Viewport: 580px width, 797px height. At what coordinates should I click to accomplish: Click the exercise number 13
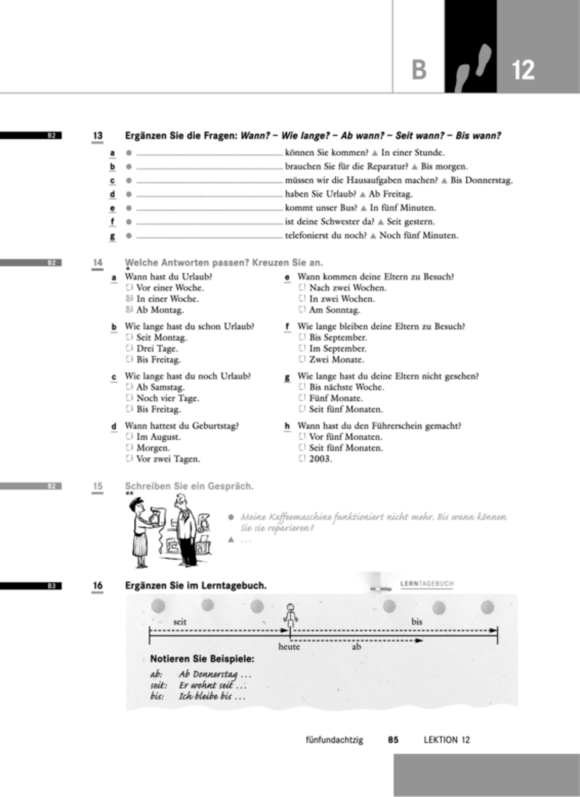point(97,135)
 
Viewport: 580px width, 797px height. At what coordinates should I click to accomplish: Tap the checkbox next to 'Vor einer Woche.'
point(129,287)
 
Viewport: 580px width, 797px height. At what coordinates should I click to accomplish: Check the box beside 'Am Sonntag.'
point(302,309)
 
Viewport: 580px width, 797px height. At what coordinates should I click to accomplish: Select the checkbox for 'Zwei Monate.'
point(302,359)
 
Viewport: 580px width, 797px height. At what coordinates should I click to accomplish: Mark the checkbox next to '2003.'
point(302,458)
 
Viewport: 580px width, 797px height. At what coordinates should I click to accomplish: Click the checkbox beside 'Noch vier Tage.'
point(129,398)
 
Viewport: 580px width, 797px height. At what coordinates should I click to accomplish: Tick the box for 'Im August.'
point(129,436)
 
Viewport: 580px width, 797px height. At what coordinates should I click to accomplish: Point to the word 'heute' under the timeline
point(289,646)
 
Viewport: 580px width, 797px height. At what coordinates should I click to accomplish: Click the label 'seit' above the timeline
point(179,622)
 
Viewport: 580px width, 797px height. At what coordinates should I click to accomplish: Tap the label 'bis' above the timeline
point(416,622)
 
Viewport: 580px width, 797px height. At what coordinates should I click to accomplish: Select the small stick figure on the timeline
point(291,615)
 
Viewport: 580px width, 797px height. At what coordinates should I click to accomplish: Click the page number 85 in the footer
point(393,740)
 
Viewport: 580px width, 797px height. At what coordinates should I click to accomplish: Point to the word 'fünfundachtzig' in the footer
point(334,740)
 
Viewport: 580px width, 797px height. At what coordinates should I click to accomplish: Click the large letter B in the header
point(419,70)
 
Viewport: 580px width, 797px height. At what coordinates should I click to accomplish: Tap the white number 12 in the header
point(523,70)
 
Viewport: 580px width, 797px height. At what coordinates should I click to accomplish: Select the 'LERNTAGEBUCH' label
point(427,584)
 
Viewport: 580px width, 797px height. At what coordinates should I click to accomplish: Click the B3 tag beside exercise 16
point(52,585)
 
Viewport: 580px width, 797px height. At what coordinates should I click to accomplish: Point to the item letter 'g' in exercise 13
point(112,236)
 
